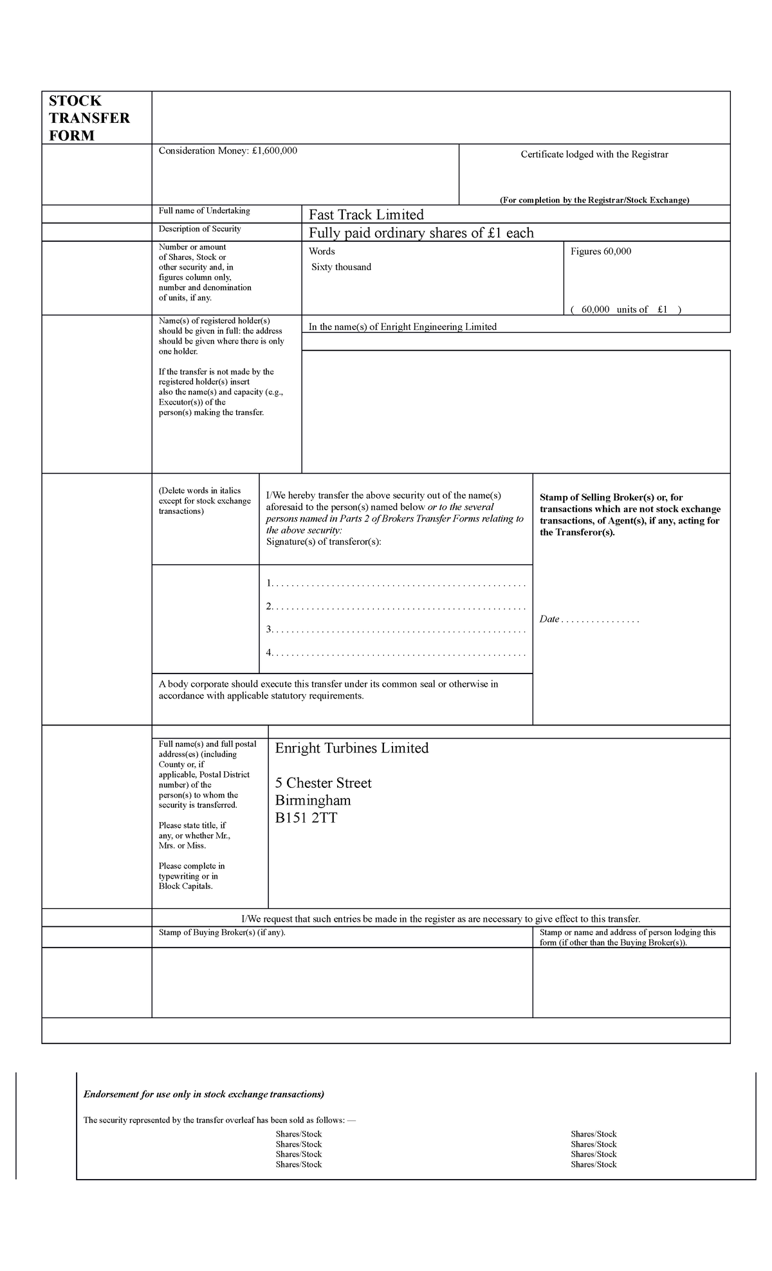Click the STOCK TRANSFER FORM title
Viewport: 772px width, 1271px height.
[89, 118]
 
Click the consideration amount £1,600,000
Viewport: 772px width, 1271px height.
[275, 151]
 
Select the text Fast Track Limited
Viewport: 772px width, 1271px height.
[366, 215]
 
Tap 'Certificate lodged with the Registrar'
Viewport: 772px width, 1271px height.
[594, 154]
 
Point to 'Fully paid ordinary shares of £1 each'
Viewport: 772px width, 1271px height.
[421, 233]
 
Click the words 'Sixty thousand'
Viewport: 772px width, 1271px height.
[341, 267]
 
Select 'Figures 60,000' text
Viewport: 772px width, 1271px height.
[601, 251]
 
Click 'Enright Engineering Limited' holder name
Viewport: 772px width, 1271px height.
[438, 327]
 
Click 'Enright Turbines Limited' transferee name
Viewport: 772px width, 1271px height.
[351, 748]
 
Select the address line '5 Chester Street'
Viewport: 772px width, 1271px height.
[323, 783]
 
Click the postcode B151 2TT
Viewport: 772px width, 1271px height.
[306, 818]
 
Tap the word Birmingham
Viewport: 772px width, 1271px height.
[313, 800]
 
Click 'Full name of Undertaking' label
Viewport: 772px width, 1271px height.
[204, 211]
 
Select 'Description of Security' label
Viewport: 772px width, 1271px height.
[199, 229]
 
